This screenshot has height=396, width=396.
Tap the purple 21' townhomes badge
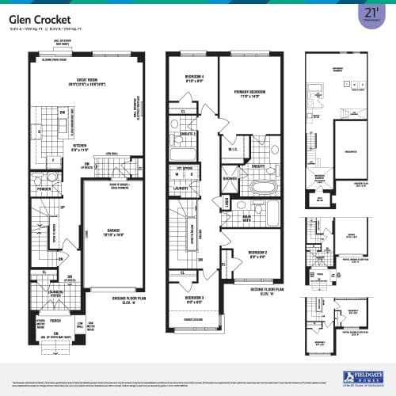click(x=369, y=16)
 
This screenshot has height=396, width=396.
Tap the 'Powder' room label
click(x=44, y=189)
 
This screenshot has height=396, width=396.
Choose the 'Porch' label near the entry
click(x=55, y=322)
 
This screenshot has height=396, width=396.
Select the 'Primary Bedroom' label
click(x=252, y=92)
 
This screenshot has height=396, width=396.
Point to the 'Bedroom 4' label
click(x=190, y=78)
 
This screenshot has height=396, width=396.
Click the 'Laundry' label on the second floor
click(x=183, y=188)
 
